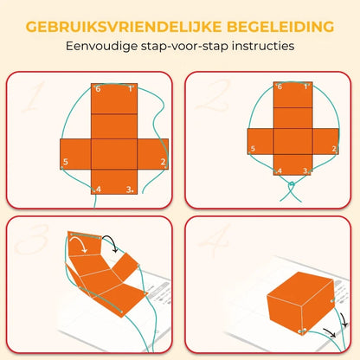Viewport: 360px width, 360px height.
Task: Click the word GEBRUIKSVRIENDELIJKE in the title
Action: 124,27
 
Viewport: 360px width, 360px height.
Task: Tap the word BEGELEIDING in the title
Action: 280,27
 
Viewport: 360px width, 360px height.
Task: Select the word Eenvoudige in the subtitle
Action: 102,46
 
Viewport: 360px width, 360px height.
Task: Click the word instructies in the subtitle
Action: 263,46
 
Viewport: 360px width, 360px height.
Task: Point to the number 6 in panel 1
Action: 98,89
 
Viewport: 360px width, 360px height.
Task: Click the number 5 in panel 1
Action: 66,162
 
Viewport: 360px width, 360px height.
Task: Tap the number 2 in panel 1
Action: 163,162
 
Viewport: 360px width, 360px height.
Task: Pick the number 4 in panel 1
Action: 99,190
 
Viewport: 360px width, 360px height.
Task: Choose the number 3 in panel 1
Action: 129,190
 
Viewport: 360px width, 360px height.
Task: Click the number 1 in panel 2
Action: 305,87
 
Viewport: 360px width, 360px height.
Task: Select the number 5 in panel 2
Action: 253,149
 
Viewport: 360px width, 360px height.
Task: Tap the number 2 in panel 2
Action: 334,149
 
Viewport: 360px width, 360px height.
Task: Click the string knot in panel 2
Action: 292,184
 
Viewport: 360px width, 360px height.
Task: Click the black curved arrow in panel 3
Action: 111,241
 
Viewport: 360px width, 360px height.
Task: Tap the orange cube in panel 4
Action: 301,303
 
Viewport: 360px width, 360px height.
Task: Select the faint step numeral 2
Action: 214,95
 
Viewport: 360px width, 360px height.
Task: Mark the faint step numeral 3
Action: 32,239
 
